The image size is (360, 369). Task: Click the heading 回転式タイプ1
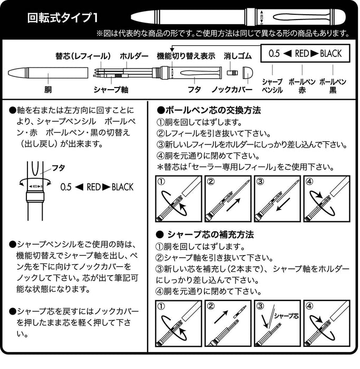click(x=62, y=17)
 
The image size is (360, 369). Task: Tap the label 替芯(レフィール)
click(x=83, y=56)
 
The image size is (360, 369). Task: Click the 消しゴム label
click(x=234, y=56)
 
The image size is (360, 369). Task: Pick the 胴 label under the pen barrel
click(x=48, y=90)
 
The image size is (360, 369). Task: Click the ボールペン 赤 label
click(x=301, y=86)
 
